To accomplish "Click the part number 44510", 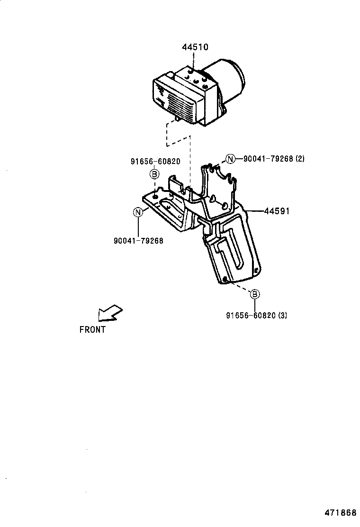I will click(195, 47).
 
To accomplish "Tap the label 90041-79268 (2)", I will click(273, 159).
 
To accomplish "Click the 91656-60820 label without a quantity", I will click(155, 162).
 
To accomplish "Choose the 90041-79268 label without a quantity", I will click(138, 241).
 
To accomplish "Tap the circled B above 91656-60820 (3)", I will click(255, 294).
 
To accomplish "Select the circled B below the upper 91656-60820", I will click(155, 174).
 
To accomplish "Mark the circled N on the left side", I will click(138, 212).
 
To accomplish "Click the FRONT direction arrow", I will click(109, 313).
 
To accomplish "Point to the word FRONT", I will click(92, 330).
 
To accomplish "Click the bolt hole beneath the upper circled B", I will click(155, 194).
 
